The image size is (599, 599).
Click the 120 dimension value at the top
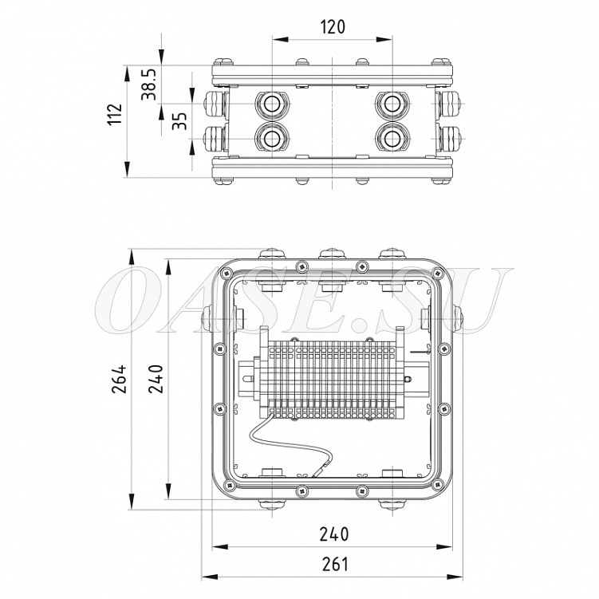[333, 27]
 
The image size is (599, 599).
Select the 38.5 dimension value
[148, 85]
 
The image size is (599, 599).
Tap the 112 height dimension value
[115, 113]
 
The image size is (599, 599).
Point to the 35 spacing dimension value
[179, 120]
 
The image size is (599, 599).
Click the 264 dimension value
[119, 379]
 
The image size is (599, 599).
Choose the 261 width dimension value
[335, 564]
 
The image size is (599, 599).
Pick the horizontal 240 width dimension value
[334, 534]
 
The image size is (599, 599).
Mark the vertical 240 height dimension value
[156, 379]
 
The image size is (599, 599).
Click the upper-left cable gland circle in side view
[272, 104]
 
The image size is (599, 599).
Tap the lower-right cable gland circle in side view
[392, 138]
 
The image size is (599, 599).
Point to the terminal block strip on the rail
[331, 379]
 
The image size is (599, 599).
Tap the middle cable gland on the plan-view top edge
[332, 254]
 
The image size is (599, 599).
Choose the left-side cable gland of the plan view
[207, 318]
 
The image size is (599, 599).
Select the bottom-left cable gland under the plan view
[272, 504]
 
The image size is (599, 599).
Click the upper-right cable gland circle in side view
[392, 104]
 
